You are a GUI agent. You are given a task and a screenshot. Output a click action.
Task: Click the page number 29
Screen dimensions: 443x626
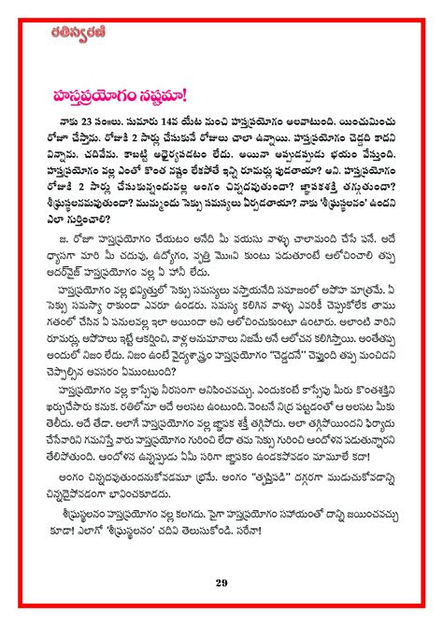pyautogui.click(x=221, y=584)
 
